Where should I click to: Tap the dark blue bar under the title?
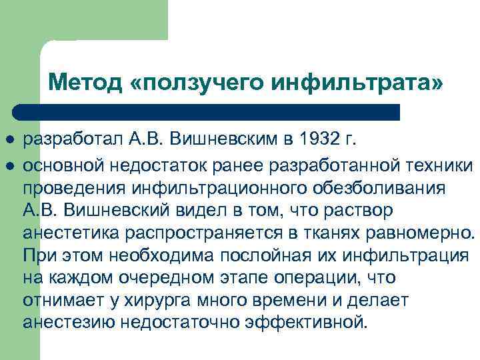pyautogui.click(x=207, y=111)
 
